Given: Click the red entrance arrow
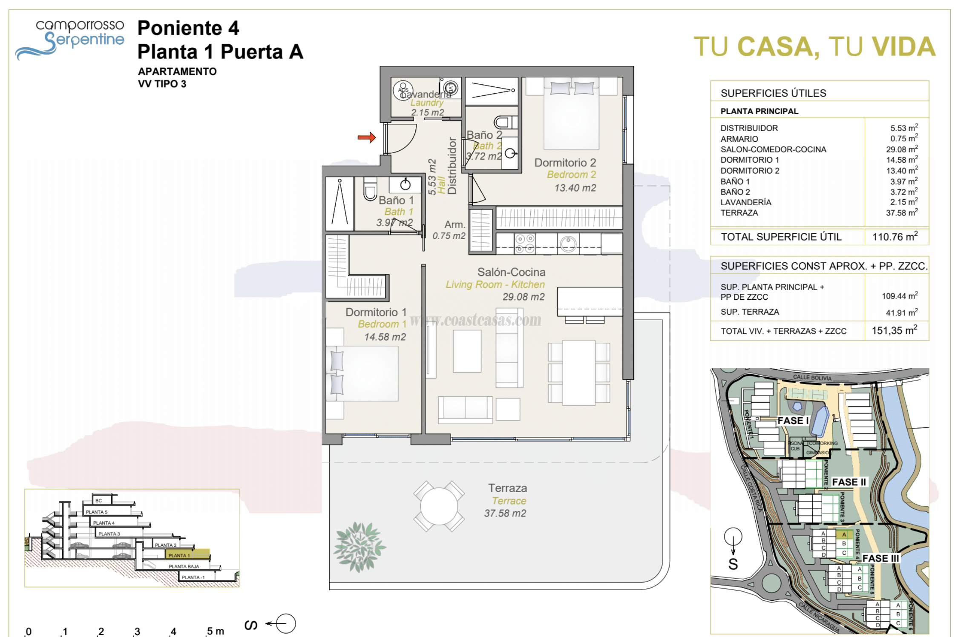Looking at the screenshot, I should pyautogui.click(x=366, y=137).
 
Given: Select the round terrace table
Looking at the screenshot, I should pyautogui.click(x=438, y=506).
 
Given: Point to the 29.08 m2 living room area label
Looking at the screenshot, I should pyautogui.click(x=523, y=297).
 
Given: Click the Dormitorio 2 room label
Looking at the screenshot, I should pyautogui.click(x=565, y=163).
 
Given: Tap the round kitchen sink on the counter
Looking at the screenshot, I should pyautogui.click(x=568, y=244).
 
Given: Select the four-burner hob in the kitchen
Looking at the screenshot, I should pyautogui.click(x=525, y=244).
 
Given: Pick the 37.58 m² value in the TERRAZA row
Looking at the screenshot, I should pyautogui.click(x=901, y=212).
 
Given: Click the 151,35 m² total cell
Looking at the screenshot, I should pyautogui.click(x=894, y=330).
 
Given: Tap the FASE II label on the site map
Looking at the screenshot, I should pyautogui.click(x=849, y=482).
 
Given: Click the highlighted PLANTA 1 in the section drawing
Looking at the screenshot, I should pyautogui.click(x=179, y=555).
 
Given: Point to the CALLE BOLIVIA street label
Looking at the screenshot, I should pyautogui.click(x=812, y=377).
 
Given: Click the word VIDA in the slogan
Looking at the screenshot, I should pyautogui.click(x=903, y=47).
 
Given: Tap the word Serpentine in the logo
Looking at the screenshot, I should pyautogui.click(x=85, y=40).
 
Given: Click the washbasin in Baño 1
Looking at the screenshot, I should pyautogui.click(x=405, y=184).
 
